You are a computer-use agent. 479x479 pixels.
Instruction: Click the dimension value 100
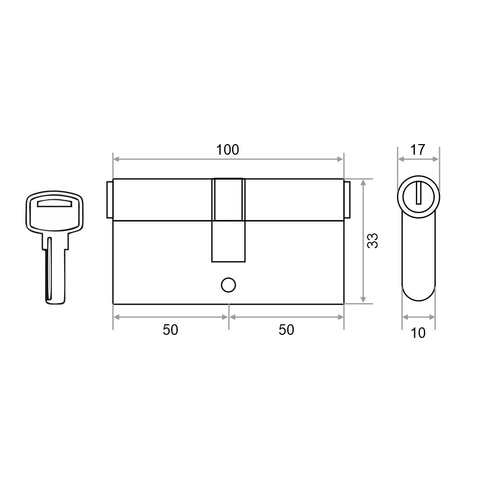tap(228, 149)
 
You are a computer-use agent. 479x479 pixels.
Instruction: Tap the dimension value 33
tap(372, 241)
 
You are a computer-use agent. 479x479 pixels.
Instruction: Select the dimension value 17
tap(418, 149)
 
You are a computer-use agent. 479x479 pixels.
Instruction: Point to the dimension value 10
tap(418, 333)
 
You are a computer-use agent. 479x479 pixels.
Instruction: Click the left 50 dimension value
tap(171, 330)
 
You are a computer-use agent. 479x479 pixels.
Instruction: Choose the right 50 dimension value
tap(286, 330)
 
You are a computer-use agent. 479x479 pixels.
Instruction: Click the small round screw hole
tap(228, 285)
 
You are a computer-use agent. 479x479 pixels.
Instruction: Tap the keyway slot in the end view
tap(419, 193)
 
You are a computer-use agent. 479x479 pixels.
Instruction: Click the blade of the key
tap(55, 269)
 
